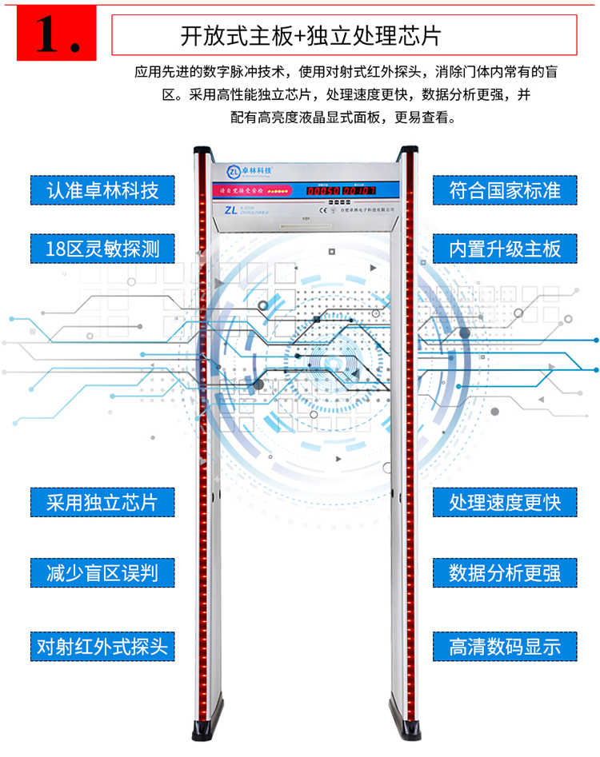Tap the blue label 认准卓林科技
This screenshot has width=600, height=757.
pos(102,190)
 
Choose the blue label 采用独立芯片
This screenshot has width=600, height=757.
pos(102,502)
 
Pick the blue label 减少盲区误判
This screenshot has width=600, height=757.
pos(102,572)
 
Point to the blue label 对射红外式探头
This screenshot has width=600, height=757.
pos(102,645)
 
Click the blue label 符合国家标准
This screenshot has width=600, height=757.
pos(505,190)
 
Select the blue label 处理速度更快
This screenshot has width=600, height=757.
pos(505,502)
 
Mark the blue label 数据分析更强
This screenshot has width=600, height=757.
pos(505,572)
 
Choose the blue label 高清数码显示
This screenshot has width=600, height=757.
pos(505,645)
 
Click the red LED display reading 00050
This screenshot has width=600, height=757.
pos(324,192)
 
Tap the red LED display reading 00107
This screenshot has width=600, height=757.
pos(359,192)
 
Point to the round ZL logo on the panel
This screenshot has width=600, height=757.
pos(233,170)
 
